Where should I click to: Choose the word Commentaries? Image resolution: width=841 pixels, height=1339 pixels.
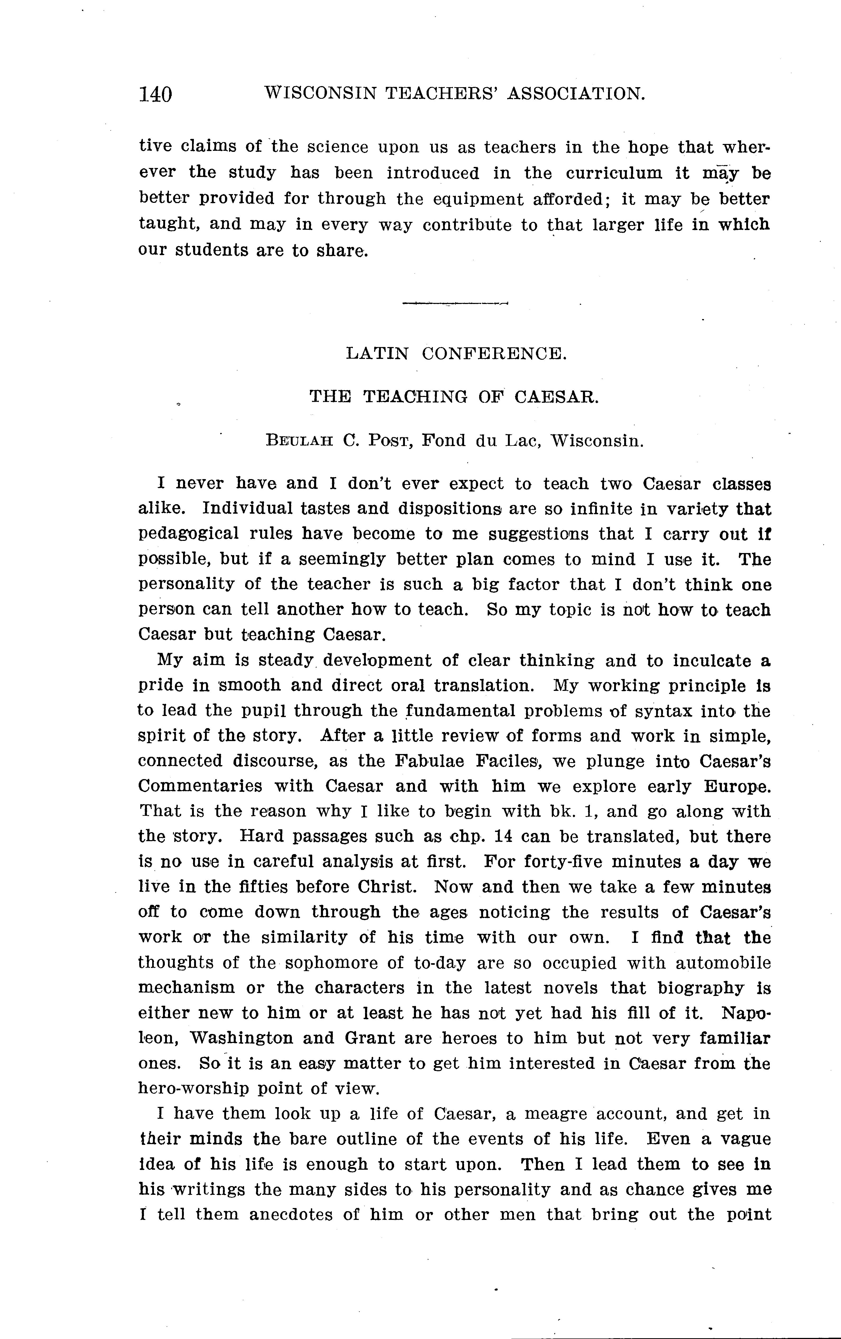[200, 786]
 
